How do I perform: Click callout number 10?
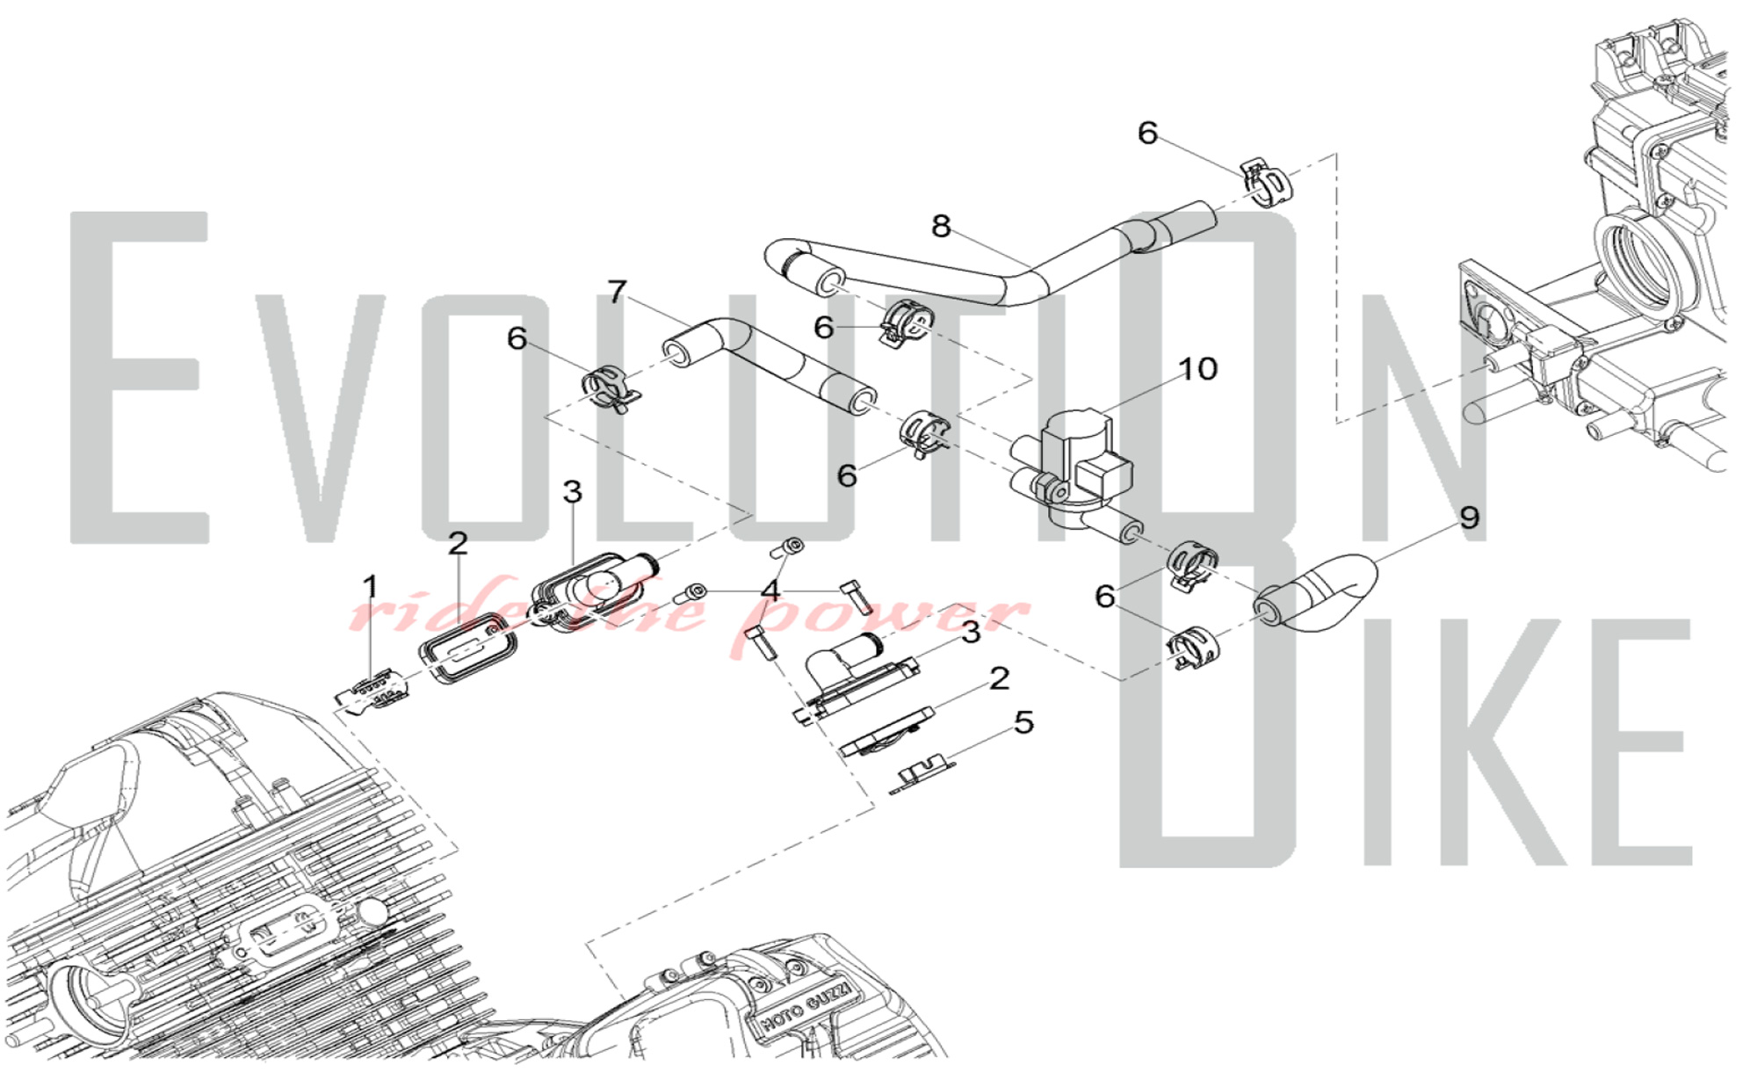1197,369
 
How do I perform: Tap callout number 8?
941,227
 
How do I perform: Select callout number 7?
618,292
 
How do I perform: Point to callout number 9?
1469,517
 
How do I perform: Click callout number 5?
1023,722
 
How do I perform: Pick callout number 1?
371,587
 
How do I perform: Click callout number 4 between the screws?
770,590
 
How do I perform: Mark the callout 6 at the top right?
1147,133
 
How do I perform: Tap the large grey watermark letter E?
140,377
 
